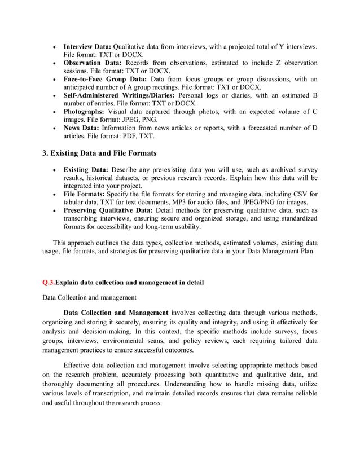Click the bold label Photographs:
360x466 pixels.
(86, 112)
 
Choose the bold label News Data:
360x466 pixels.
(82, 128)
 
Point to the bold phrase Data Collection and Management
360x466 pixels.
(116, 313)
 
